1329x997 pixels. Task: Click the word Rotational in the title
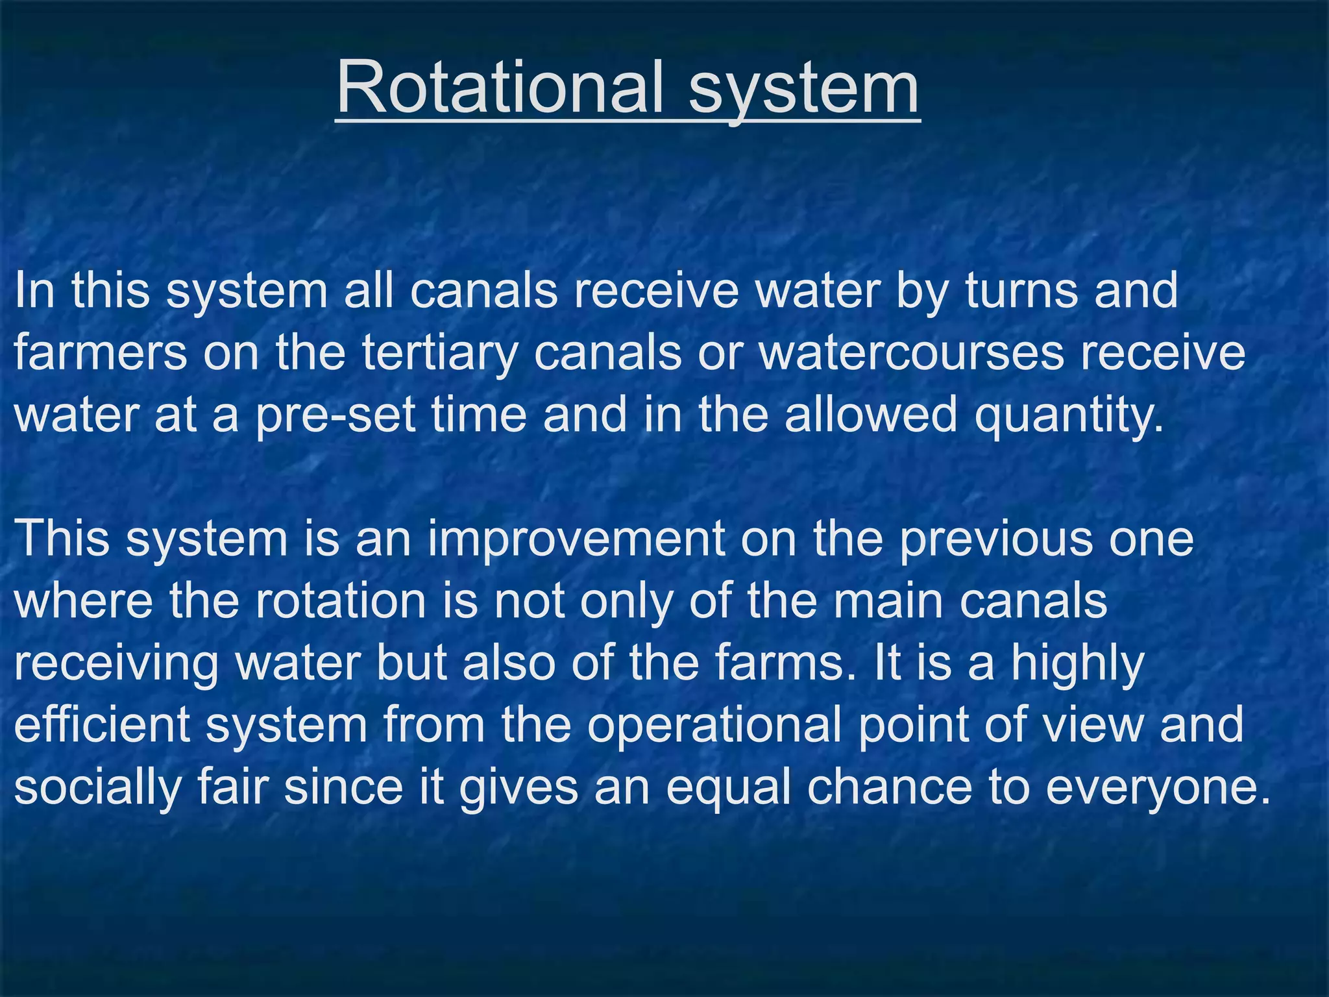point(500,87)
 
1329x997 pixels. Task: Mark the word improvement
point(576,538)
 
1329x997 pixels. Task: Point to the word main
point(888,600)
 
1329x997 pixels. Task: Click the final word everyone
point(1158,786)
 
